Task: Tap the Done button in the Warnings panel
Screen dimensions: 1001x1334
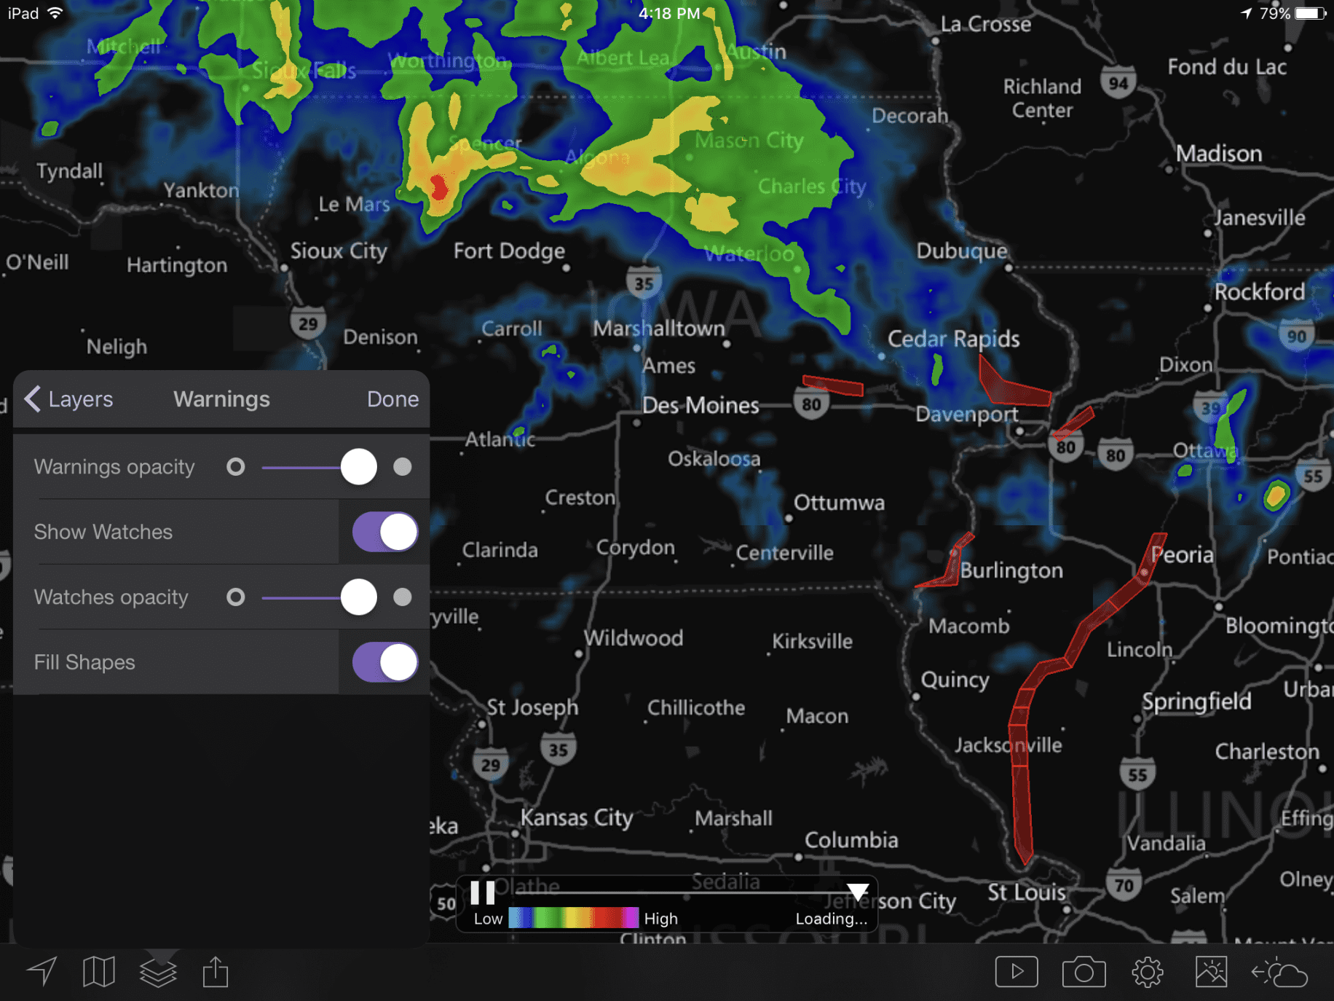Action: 392,399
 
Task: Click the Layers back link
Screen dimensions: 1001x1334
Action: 70,399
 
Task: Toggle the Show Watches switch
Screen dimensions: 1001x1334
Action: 385,532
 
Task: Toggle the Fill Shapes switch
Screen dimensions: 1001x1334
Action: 385,662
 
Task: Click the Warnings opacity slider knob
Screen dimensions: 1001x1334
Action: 358,467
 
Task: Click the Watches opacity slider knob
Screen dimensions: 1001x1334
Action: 358,597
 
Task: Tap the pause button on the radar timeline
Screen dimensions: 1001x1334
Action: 482,892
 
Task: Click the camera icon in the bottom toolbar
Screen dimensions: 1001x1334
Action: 1084,972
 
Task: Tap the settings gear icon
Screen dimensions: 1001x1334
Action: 1148,972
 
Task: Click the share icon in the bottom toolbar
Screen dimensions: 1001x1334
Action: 216,972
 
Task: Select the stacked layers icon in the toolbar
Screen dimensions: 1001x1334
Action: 158,972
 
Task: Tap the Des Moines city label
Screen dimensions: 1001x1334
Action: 700,406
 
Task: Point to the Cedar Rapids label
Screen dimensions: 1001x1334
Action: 953,339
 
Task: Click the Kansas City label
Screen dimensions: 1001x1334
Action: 577,817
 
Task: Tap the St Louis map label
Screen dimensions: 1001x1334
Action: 1027,892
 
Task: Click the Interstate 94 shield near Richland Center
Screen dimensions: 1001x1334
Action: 1118,83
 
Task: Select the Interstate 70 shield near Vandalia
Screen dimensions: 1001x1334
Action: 1124,885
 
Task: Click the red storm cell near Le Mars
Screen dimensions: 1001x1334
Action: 439,187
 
